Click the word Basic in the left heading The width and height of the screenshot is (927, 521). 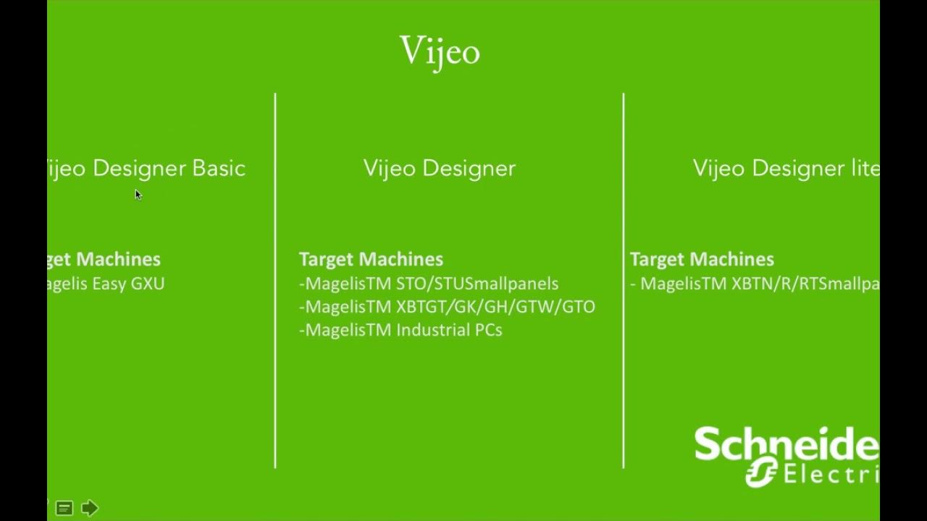(219, 169)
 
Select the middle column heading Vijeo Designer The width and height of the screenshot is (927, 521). (440, 169)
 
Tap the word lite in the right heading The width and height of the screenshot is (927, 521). (864, 169)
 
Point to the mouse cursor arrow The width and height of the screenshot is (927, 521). (137, 192)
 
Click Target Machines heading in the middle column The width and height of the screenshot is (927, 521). (371, 259)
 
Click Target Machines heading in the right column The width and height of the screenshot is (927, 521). (702, 259)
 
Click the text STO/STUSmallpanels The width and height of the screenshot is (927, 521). (477, 284)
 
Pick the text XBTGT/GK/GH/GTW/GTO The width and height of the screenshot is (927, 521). (495, 307)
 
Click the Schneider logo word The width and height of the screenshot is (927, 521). (786, 444)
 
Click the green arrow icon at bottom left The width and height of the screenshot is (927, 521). (89, 508)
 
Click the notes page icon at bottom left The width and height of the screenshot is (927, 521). (64, 509)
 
